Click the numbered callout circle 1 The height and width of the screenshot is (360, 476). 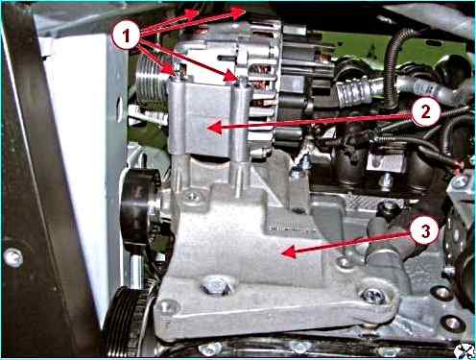pos(127,36)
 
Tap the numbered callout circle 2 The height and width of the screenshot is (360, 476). pos(425,112)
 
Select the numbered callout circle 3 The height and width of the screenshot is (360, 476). pos(425,231)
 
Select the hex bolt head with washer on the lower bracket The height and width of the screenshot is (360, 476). pos(217,285)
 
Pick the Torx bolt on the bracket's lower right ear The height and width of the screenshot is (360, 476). pos(373,295)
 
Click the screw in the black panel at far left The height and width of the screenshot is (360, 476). pos(13,257)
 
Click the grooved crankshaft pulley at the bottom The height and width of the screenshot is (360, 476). pos(125,324)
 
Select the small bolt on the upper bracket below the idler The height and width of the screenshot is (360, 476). pos(192,196)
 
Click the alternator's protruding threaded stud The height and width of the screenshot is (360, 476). pos(226,58)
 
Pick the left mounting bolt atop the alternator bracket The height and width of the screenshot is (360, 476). pos(177,73)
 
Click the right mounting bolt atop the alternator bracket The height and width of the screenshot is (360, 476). pos(238,82)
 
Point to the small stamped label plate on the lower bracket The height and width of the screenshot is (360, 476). pos(285,229)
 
